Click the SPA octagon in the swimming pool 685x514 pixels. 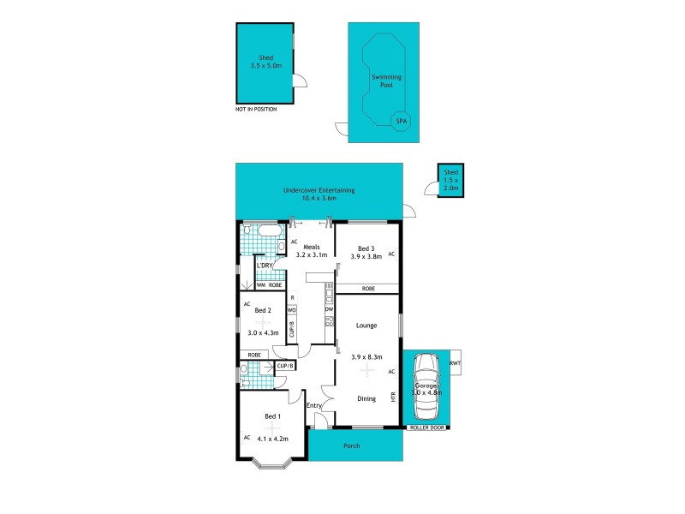400,123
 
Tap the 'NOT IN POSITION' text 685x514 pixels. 255,110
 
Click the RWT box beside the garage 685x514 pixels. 454,362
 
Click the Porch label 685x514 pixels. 351,445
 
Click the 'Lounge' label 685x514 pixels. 366,326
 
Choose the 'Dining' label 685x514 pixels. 366,398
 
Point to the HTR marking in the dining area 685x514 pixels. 393,399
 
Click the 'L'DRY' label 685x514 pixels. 264,266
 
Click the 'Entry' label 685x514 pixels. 314,405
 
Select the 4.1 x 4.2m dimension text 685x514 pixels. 272,439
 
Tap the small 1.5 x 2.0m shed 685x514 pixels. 450,181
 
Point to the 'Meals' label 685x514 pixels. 312,246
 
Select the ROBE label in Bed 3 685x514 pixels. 367,289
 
